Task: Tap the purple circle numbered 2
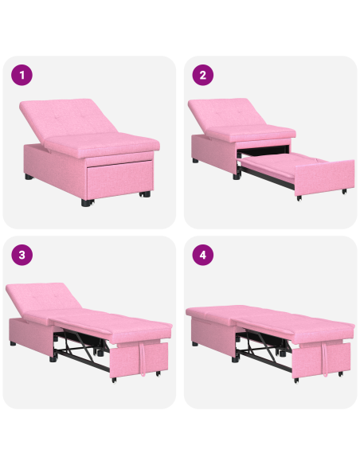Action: [x=202, y=76]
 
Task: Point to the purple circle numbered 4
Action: [x=202, y=256]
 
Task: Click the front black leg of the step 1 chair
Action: [x=85, y=201]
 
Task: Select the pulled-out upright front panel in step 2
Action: [x=327, y=178]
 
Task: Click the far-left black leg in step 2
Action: [x=196, y=160]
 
